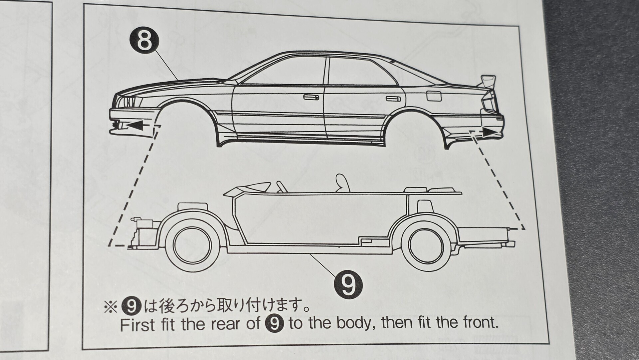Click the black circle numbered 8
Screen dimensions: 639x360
point(144,41)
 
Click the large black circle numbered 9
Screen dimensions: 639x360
point(348,284)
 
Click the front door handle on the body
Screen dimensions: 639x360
point(311,97)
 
